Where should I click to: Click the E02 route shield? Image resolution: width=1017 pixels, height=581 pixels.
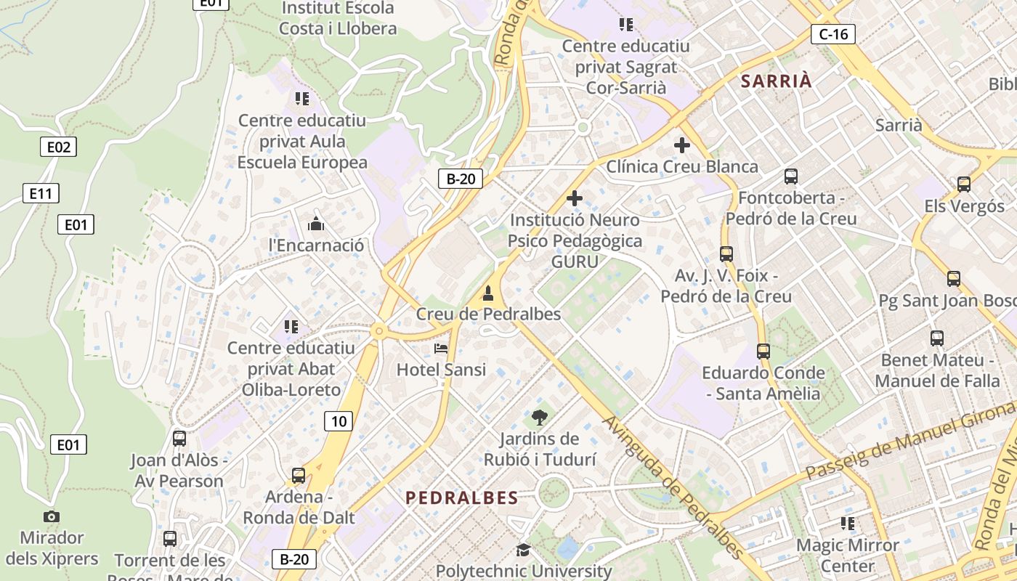point(58,147)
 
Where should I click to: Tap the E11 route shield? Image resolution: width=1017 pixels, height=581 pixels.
point(41,193)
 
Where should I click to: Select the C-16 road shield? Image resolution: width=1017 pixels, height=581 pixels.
point(833,33)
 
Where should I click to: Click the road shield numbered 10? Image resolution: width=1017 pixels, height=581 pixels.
point(339,420)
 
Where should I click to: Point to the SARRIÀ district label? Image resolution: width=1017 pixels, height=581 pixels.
point(776,81)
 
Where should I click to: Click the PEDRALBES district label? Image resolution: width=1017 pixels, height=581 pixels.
point(462,497)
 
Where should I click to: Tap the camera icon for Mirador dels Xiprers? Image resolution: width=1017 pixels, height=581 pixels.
point(51,516)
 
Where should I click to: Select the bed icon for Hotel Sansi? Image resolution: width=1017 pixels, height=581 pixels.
point(441,349)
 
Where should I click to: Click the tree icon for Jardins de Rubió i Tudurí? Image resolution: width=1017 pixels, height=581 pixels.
point(539,417)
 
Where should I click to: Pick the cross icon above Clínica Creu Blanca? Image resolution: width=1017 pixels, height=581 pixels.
point(681,145)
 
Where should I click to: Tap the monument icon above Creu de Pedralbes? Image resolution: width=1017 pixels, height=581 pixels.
point(488,293)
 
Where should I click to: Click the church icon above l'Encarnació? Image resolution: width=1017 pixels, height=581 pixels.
point(316,223)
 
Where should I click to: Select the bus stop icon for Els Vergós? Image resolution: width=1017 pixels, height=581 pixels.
point(964,184)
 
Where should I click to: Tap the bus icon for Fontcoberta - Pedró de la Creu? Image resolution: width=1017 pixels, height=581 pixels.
point(790,176)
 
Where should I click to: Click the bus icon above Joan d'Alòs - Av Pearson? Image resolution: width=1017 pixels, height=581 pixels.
point(179,439)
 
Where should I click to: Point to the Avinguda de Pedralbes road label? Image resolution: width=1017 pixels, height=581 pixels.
point(673,487)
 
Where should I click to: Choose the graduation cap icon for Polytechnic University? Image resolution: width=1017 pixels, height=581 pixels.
point(523,550)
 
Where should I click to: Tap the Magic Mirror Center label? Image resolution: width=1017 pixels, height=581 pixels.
point(847,555)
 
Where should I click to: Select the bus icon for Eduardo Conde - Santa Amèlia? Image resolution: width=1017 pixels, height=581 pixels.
point(763,352)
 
